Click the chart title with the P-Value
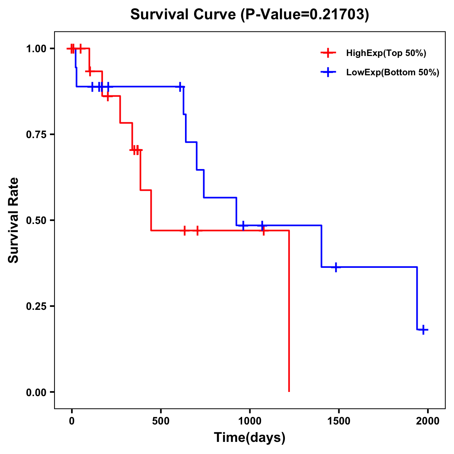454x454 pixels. tap(249, 15)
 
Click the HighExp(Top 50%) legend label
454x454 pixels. tap(386, 53)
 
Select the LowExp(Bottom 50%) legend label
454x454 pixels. tap(393, 73)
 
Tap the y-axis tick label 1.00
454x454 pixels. tap(36, 49)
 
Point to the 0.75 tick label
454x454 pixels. tap(36, 135)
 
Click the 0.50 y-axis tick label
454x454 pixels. tap(36, 221)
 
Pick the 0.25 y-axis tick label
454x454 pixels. tap(36, 306)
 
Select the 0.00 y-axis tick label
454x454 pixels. tap(36, 392)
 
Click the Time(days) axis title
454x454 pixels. tap(250, 438)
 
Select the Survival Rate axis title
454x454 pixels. tap(14, 220)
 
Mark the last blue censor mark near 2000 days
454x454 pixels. tap(423, 330)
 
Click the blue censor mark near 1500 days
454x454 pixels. tap(336, 267)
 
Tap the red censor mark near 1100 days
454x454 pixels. tap(263, 230)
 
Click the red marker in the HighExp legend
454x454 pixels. tap(328, 53)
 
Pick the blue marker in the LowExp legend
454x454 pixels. tap(328, 73)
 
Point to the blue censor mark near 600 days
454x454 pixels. tap(180, 87)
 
